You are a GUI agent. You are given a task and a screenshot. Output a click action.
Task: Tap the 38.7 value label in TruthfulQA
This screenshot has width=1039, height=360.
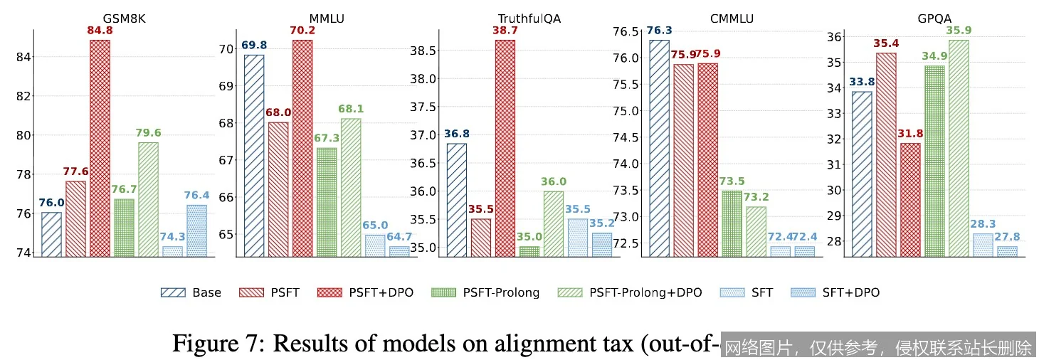pyautogui.click(x=505, y=31)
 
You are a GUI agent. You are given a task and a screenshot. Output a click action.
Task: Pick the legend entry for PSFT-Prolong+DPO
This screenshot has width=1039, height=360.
pyautogui.click(x=636, y=292)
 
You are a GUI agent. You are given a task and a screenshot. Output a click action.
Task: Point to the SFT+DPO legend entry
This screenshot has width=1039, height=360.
pyautogui.click(x=839, y=292)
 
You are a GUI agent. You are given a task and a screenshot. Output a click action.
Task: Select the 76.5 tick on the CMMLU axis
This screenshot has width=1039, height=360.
pyautogui.click(x=626, y=31)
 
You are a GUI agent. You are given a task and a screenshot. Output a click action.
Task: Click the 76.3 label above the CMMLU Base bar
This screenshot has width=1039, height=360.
pyautogui.click(x=659, y=31)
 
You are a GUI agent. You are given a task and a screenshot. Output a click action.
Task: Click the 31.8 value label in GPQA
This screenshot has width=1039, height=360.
pyautogui.click(x=910, y=134)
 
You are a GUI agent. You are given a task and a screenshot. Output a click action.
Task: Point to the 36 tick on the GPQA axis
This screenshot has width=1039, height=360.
pyautogui.click(x=835, y=37)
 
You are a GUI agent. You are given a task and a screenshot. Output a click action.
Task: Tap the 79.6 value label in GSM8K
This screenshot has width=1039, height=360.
pyautogui.click(x=148, y=133)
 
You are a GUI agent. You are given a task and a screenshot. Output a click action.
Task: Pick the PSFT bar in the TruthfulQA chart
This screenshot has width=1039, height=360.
pyautogui.click(x=480, y=238)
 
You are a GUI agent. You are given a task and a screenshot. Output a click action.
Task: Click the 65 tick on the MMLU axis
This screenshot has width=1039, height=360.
pyautogui.click(x=225, y=234)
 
